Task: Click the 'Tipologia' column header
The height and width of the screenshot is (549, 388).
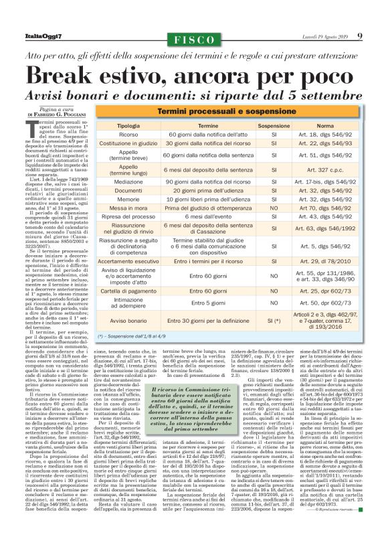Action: [x=128, y=125]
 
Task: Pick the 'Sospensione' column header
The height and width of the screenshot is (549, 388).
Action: [x=274, y=125]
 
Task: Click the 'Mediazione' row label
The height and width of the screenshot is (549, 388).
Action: [x=128, y=181]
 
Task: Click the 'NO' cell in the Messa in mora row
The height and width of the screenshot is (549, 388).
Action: [x=274, y=208]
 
